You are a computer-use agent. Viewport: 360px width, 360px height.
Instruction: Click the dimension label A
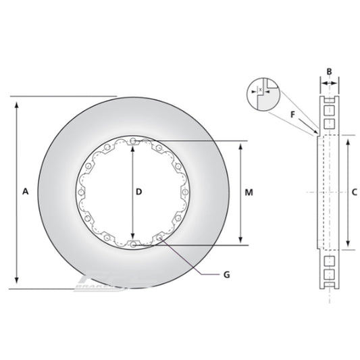[x=25, y=192]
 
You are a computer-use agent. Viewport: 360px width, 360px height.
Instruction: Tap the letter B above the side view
[x=329, y=71]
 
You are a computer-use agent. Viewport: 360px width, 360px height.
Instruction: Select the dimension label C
[x=354, y=192]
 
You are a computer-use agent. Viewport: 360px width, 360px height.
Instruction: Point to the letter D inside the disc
[x=138, y=192]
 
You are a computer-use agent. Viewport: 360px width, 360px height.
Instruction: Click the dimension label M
[x=249, y=192]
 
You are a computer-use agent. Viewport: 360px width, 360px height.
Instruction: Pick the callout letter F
[x=292, y=114]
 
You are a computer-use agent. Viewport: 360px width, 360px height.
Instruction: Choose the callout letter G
[x=227, y=274]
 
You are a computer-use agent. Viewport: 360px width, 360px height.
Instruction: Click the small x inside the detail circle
[x=259, y=88]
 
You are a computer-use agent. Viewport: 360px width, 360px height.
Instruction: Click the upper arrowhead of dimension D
[x=132, y=147]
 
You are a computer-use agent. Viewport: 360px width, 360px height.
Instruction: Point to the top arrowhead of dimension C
[x=347, y=140]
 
